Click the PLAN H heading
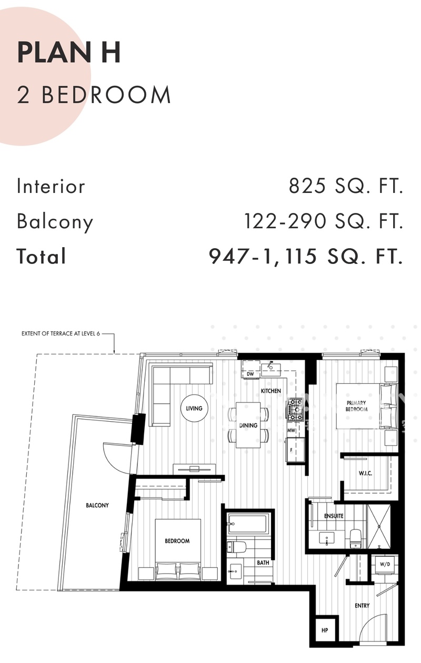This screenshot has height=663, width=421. coord(69,53)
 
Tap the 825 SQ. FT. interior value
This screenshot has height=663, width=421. coord(346,186)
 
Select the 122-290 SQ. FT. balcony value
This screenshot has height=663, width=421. coord(324,221)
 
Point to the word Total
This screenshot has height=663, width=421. coord(41,256)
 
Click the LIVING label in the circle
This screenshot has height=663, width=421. coord(194,409)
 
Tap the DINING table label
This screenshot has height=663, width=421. coord(248,425)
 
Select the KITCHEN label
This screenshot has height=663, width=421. coord(271,391)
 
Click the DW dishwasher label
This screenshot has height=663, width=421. coord(250,374)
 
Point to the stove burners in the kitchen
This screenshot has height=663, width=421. coord(295,410)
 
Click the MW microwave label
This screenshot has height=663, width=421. coord(291,431)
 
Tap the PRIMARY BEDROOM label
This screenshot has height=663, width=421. coord(356,406)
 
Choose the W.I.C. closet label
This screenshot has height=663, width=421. coord(365,473)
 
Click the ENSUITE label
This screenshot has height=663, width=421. coord(334,516)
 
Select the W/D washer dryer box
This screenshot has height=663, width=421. coord(385,565)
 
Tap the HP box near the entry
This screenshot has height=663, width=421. coord(325,630)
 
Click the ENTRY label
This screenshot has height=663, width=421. coord(362,606)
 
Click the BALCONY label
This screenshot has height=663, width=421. coord(97,505)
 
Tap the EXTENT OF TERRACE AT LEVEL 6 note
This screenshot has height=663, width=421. coord(61,333)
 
